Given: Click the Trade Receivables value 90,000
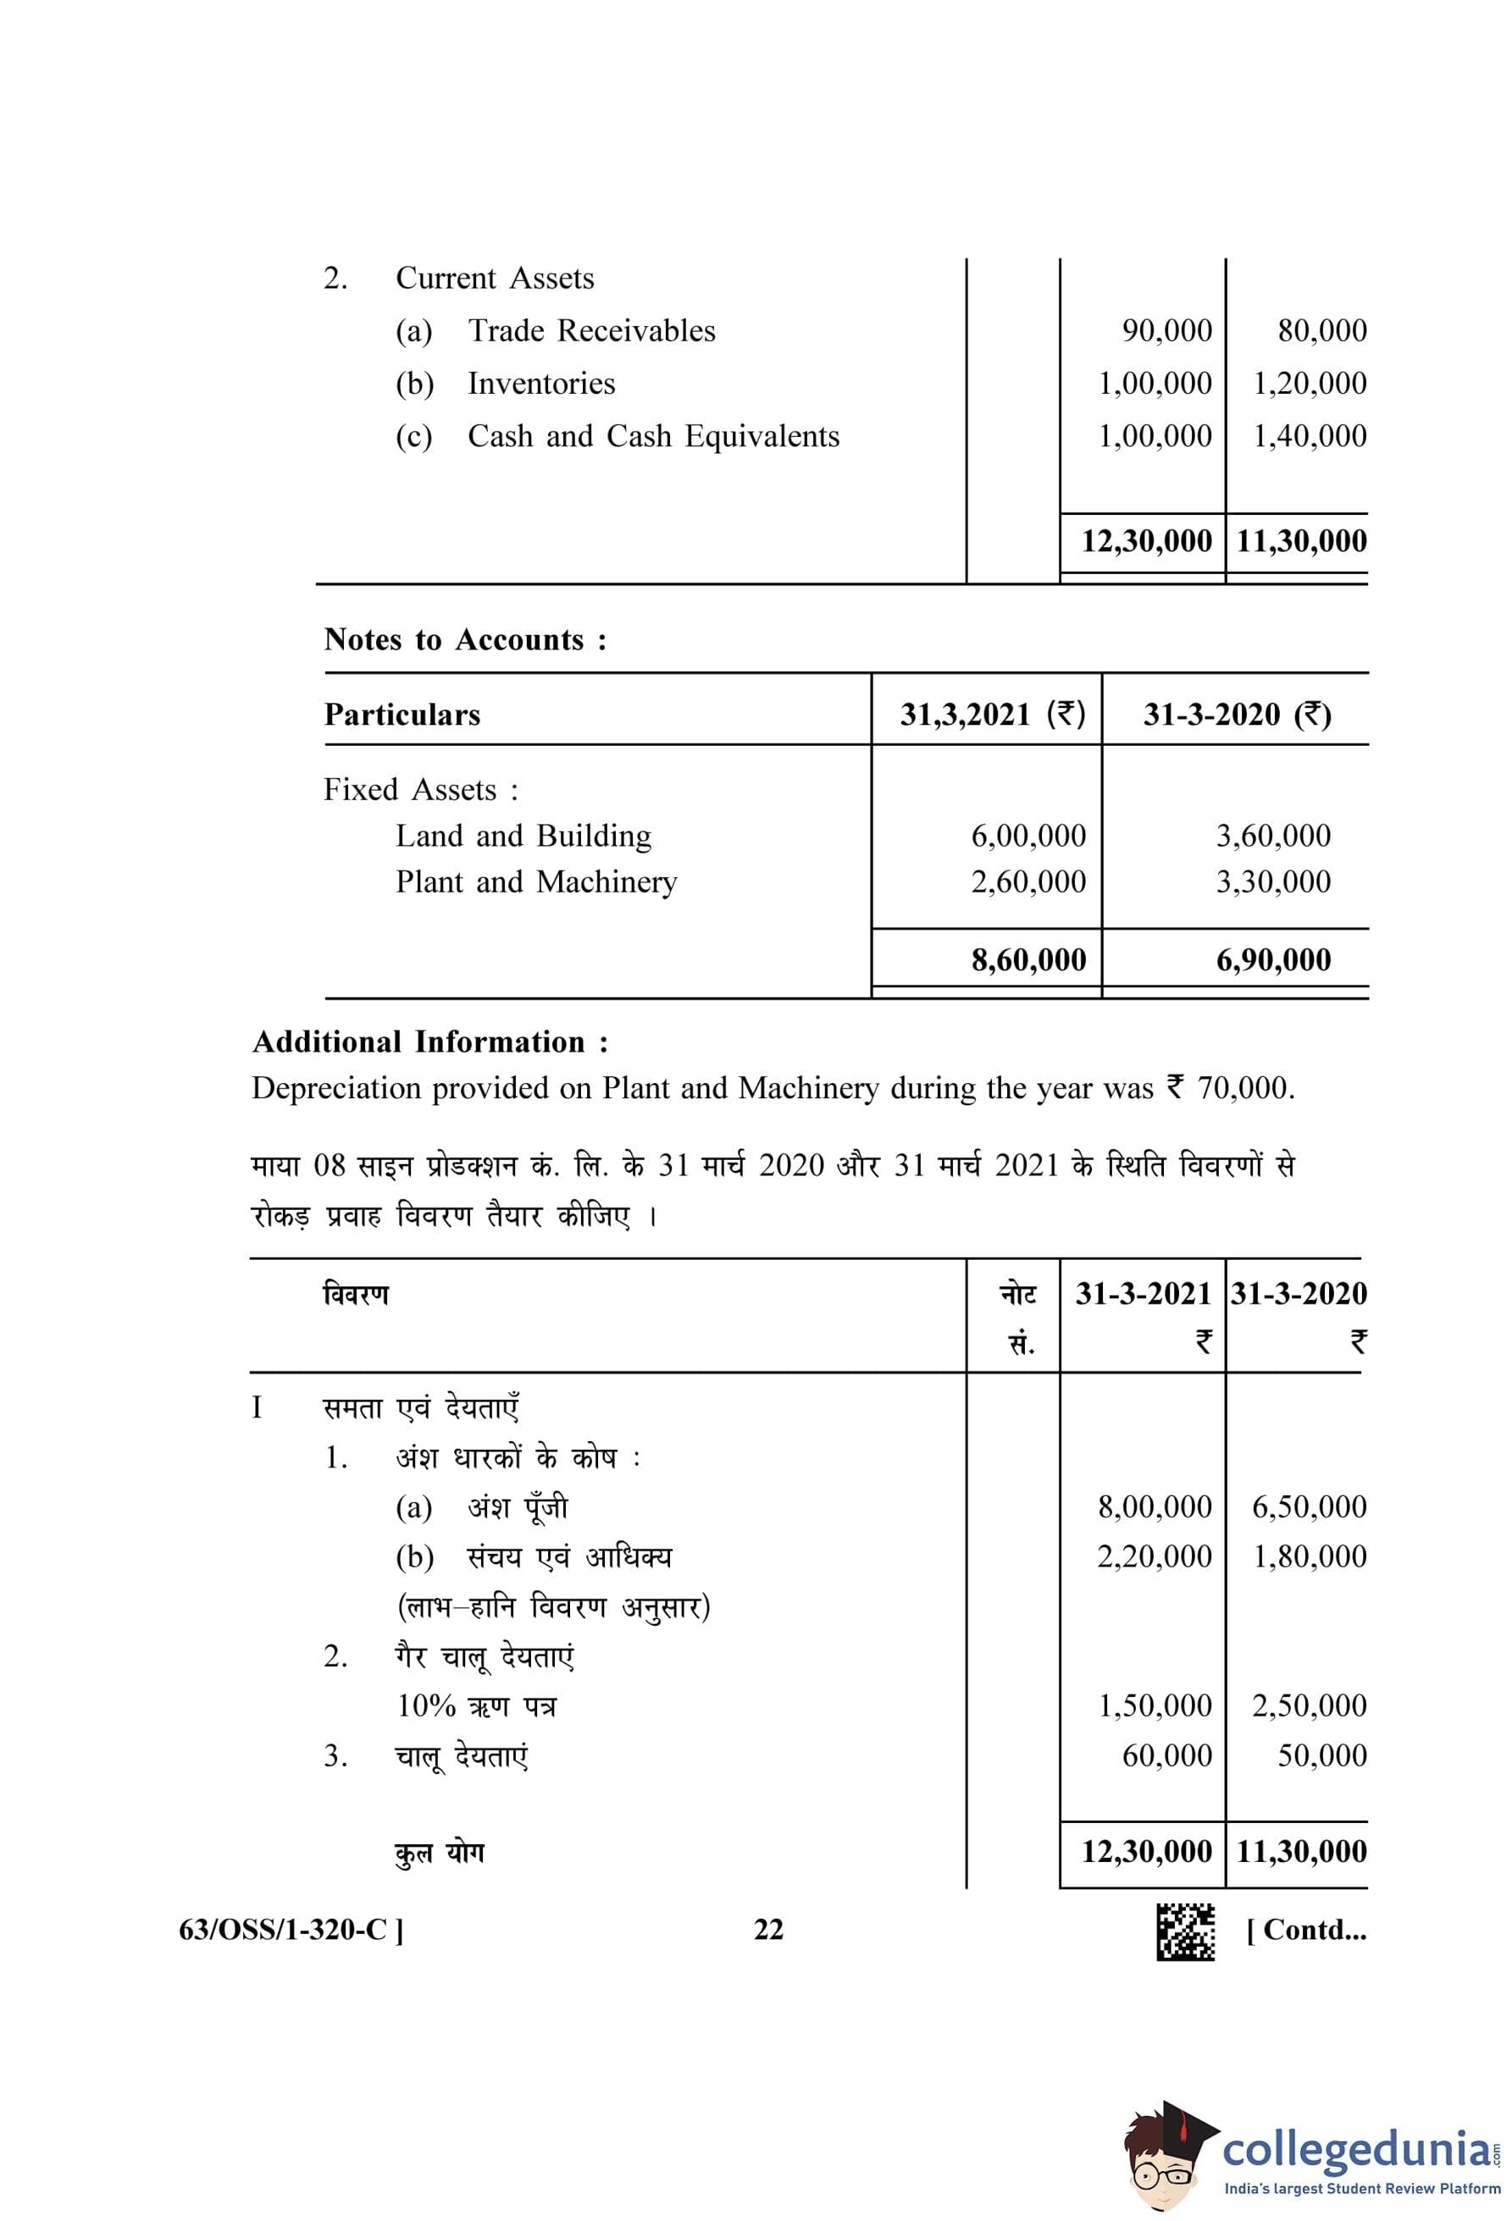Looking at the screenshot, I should point(1166,331).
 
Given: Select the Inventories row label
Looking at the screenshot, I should point(541,384).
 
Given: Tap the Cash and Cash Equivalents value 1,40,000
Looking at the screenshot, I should point(1310,436).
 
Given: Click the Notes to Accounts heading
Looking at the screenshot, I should point(464,639).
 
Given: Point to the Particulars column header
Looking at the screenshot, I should point(402,715).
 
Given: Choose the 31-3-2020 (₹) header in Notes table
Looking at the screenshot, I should point(1237,715).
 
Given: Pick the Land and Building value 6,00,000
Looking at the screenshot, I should point(1028,837).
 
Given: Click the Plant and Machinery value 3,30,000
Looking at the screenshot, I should point(1273,882).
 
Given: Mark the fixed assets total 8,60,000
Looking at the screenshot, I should point(1028,959).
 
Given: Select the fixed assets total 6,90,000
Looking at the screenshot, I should point(1273,959).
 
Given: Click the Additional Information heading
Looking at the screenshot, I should point(430,1041).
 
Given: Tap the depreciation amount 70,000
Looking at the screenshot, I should point(1243,1089).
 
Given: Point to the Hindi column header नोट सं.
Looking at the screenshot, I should point(1017,1319).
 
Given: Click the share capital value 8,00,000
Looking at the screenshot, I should point(1155,1507).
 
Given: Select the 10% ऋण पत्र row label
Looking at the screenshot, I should point(476,1706).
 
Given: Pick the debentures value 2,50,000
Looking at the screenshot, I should point(1310,1706).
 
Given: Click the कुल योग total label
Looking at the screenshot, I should point(440,1852).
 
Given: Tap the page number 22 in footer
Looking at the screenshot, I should point(768,1931).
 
